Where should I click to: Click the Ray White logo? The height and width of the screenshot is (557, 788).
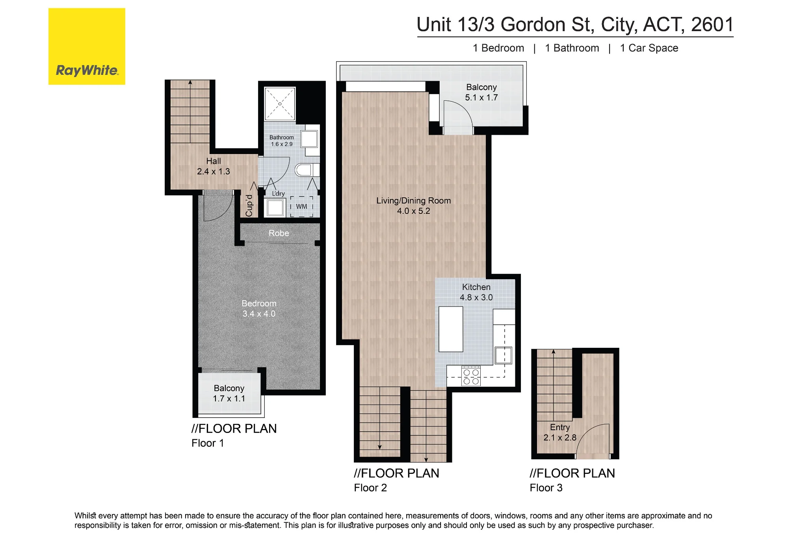(87, 46)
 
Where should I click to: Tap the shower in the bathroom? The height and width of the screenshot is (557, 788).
(280, 104)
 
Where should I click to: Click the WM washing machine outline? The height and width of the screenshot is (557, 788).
(302, 207)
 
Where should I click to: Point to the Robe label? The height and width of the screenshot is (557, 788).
(279, 233)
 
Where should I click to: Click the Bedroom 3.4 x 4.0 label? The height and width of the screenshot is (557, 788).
(259, 309)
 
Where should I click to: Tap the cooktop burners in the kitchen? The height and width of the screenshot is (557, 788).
(471, 377)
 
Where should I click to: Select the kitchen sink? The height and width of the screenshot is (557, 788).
(504, 355)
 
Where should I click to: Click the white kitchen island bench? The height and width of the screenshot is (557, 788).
(451, 329)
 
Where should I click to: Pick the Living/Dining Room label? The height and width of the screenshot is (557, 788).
(413, 206)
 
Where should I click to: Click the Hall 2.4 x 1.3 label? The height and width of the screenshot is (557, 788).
(214, 166)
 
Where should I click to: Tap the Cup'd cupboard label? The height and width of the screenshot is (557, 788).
(249, 206)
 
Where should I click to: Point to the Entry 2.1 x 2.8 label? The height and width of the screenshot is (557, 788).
(560, 433)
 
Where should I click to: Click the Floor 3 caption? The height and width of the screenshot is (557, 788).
(546, 488)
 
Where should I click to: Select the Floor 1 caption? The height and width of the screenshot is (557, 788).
(208, 443)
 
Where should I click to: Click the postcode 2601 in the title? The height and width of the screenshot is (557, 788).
(712, 24)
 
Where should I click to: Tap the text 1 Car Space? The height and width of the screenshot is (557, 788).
(649, 48)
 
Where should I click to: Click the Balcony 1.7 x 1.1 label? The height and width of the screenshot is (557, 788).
(229, 394)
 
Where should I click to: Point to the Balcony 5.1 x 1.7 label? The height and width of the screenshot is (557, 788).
(481, 92)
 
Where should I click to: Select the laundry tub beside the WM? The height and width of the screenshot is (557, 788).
(275, 208)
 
